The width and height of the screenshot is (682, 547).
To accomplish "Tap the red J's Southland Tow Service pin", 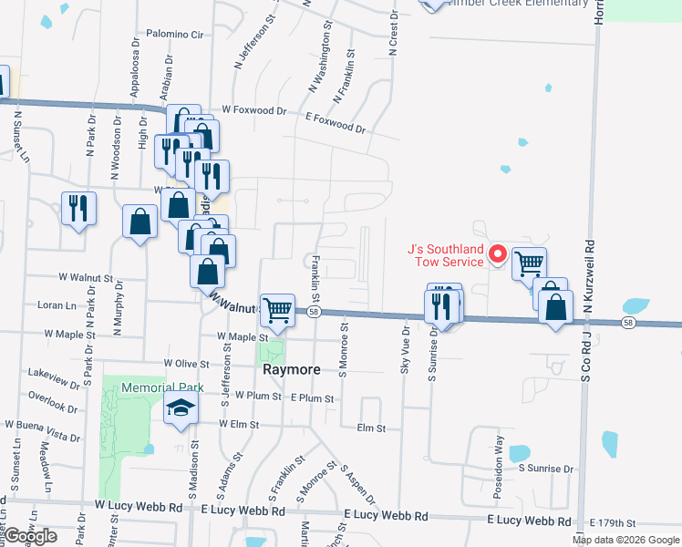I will (x=498, y=254).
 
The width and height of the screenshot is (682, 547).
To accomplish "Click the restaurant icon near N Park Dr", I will (x=77, y=208).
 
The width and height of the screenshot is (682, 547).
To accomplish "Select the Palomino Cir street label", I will (x=174, y=35).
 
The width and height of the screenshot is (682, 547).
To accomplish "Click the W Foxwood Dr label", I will (x=260, y=111).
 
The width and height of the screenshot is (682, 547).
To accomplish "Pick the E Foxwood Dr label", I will (x=335, y=122).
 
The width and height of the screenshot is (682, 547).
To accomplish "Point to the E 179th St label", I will (x=612, y=522).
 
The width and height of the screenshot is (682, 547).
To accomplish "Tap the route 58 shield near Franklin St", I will (x=313, y=312).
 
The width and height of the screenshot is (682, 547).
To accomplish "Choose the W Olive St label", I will (x=187, y=363).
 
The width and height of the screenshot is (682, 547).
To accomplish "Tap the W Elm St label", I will (x=241, y=425).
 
